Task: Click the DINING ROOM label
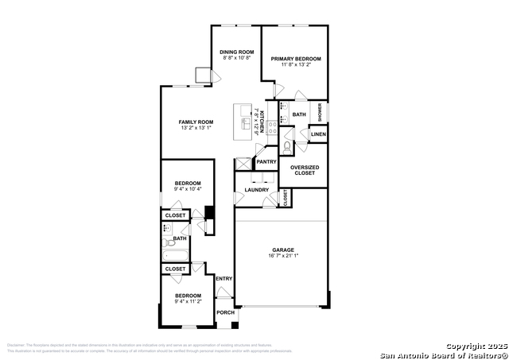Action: tap(236, 52)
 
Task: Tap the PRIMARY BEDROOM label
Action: tap(295, 59)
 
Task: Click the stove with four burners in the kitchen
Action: tap(271, 126)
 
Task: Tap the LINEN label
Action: tap(318, 134)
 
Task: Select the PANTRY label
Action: tap(266, 162)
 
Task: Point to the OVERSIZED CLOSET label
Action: tap(304, 170)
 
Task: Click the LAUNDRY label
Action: tap(256, 190)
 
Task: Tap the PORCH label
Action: tap(226, 312)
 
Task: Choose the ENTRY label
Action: tap(223, 278)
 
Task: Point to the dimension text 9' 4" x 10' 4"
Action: tap(188, 189)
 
